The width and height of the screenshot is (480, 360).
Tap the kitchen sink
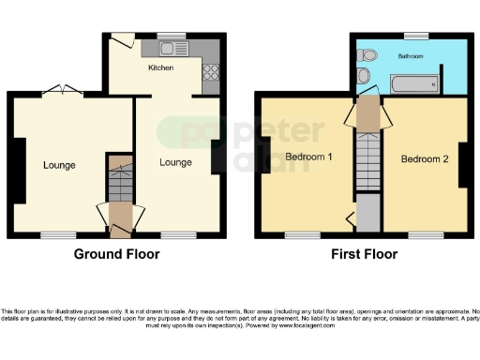[x=173, y=49]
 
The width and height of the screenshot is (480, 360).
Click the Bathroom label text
[x=410, y=57]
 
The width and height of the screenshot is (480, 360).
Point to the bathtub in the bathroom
[x=411, y=85]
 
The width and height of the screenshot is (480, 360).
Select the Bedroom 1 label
[x=309, y=157]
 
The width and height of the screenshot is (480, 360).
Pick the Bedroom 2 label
[x=425, y=158]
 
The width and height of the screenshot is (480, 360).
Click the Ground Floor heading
[x=117, y=254]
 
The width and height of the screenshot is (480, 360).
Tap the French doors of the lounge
[x=64, y=90]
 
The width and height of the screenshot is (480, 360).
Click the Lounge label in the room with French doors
[x=58, y=165]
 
